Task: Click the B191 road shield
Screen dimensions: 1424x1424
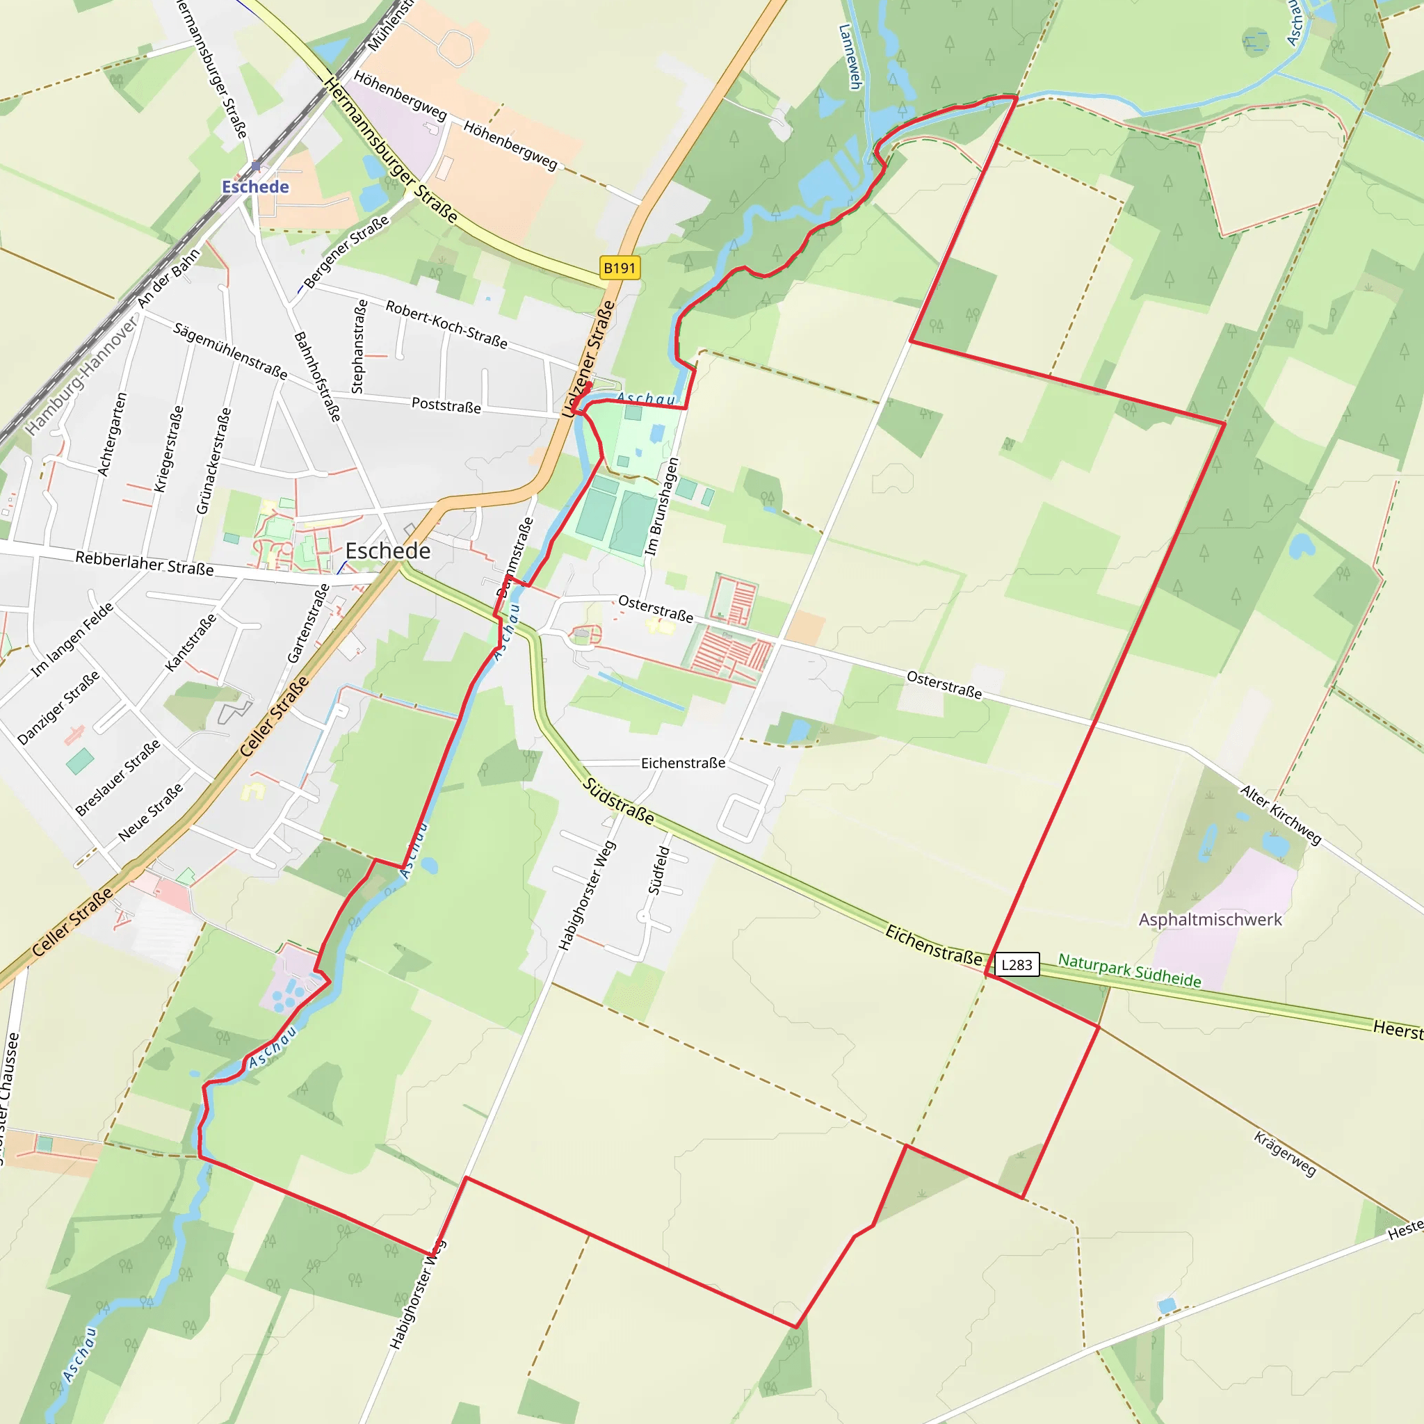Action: point(619,268)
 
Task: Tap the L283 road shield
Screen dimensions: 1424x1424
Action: point(1017,964)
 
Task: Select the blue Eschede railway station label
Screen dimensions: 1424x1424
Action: point(255,186)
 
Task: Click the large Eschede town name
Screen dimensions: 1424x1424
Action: point(388,551)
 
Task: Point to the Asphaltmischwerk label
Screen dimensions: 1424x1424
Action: point(1211,919)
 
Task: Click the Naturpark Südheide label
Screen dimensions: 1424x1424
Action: point(1129,970)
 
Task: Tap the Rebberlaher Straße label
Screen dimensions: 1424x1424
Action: point(145,563)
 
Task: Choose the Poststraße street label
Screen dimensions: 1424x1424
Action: point(446,405)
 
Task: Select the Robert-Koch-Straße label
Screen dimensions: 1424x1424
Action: point(446,324)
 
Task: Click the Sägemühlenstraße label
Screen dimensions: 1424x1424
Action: point(230,350)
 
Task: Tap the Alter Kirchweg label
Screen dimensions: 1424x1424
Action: point(1280,814)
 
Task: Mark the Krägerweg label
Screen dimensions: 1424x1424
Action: point(1285,1154)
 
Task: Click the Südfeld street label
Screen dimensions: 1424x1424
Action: point(659,870)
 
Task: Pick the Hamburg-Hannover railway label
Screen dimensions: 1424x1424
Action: point(81,376)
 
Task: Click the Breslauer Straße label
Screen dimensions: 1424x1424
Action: point(118,777)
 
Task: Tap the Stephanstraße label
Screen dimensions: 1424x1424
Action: point(359,346)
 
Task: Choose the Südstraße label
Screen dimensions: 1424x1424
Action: point(617,800)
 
